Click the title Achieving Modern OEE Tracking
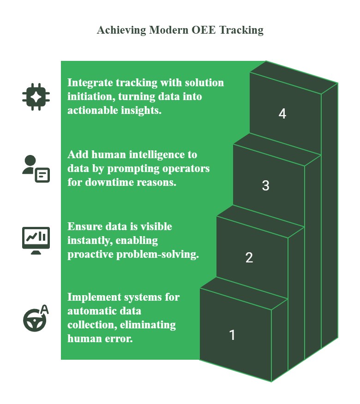(x=180, y=30)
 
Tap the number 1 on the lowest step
(x=232, y=335)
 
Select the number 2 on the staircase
(x=249, y=257)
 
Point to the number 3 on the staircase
(x=265, y=186)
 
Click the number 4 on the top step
(x=282, y=114)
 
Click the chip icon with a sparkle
(x=36, y=97)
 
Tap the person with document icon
(x=36, y=169)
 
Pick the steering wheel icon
(x=34, y=321)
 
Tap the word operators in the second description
(x=186, y=168)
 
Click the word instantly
(x=87, y=240)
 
